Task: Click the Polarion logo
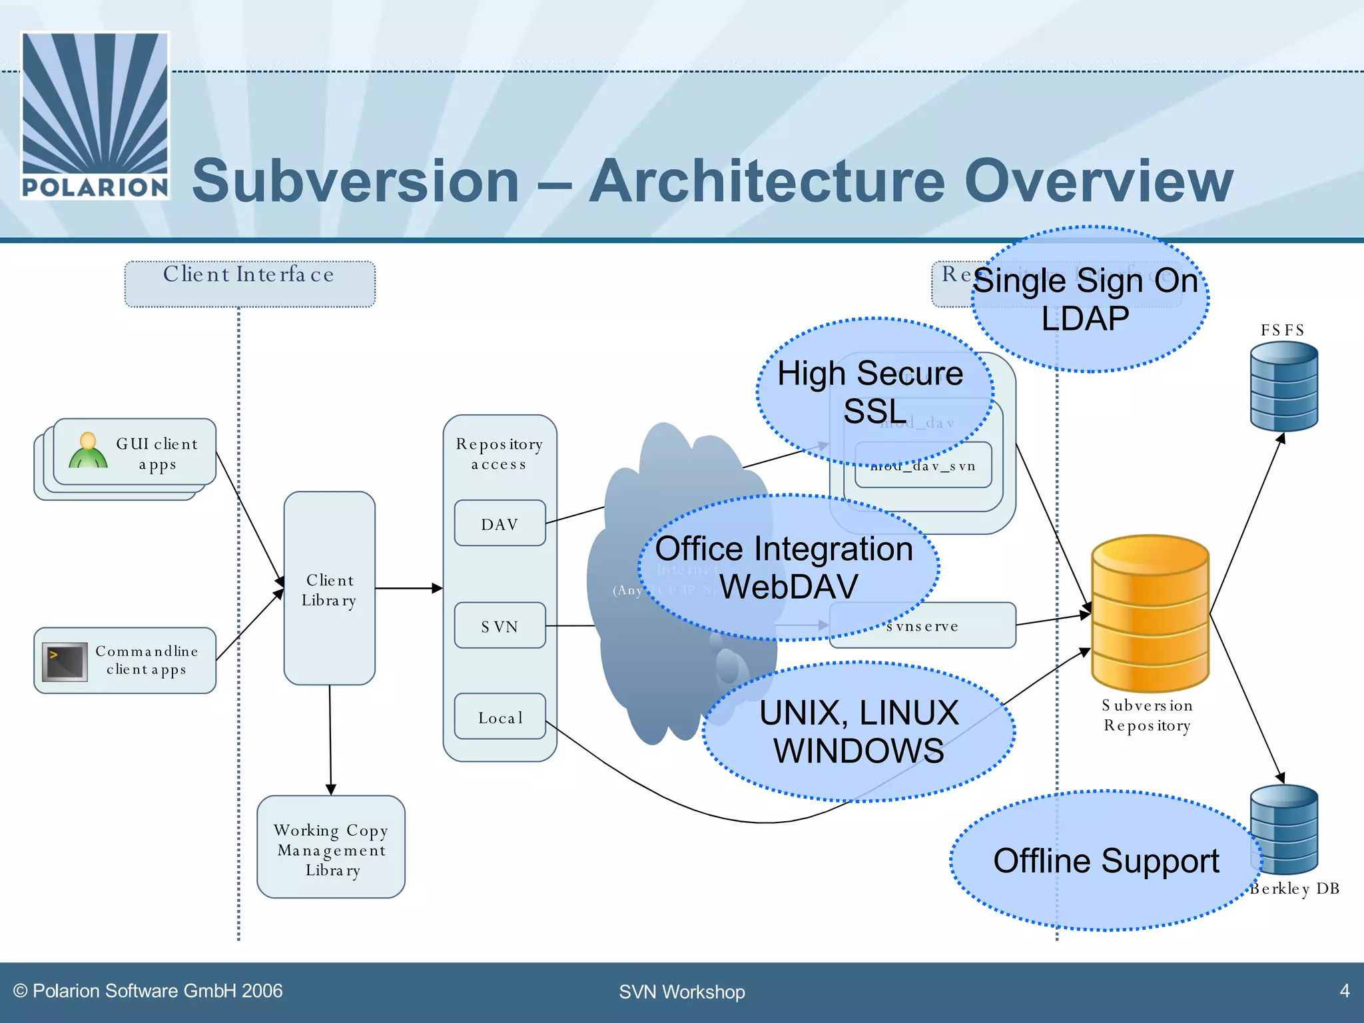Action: click(x=95, y=115)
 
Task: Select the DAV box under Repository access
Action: click(x=500, y=523)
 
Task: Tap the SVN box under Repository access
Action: click(x=500, y=626)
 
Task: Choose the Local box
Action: click(x=500, y=717)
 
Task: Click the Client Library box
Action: click(x=329, y=589)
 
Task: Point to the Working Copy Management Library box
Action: click(x=331, y=847)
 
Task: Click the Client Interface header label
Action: click(x=249, y=275)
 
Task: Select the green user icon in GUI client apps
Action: click(x=88, y=452)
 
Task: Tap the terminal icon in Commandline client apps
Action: click(x=65, y=661)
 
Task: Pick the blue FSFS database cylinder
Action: click(x=1283, y=386)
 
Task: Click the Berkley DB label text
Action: click(x=1295, y=889)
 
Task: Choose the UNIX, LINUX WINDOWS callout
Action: click(x=858, y=731)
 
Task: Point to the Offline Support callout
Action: click(x=1106, y=860)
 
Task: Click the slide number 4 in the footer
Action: click(x=1344, y=991)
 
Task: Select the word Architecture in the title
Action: click(x=767, y=181)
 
